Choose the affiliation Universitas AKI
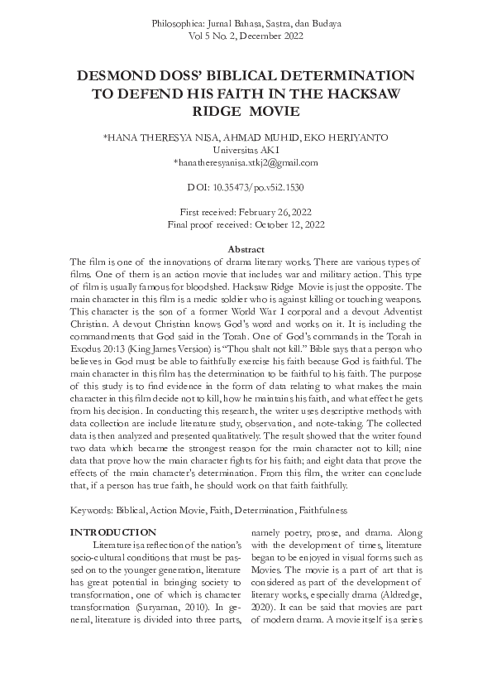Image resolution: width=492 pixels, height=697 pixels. pyautogui.click(x=246, y=150)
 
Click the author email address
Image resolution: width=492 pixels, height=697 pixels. pyautogui.click(x=246, y=163)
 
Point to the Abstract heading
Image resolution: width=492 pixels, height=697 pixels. pyautogui.click(x=246, y=249)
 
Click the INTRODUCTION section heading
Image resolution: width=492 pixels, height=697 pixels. pyautogui.click(x=112, y=531)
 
